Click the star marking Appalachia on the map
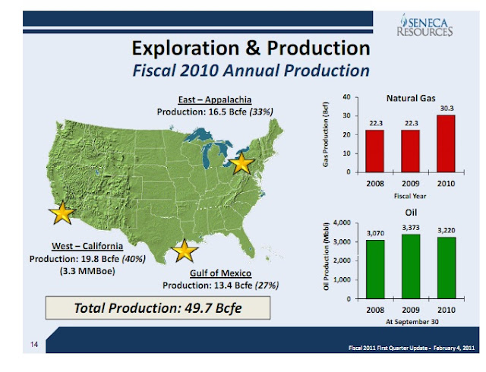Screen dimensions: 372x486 pyautogui.click(x=241, y=162)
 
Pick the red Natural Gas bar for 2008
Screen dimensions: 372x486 pyautogui.click(x=375, y=150)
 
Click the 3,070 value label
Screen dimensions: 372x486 pyautogui.click(x=375, y=233)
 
